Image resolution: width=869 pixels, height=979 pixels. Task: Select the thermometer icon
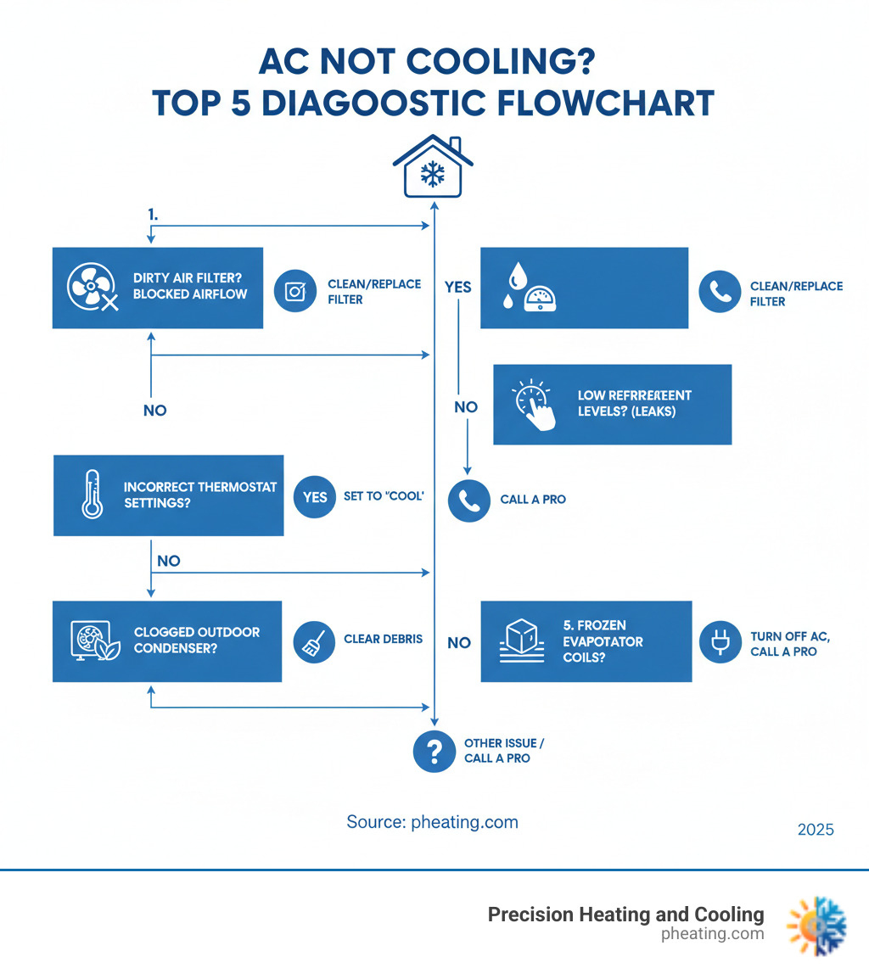pyautogui.click(x=92, y=495)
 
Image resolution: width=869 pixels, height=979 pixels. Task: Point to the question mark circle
pyautogui.click(x=434, y=751)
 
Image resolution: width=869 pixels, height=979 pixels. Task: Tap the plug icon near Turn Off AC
pyautogui.click(x=720, y=642)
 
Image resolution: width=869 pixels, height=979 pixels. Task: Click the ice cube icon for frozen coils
pyautogui.click(x=521, y=641)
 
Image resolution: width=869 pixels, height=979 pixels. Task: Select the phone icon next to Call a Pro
pyautogui.click(x=468, y=500)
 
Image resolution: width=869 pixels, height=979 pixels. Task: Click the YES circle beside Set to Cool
pyautogui.click(x=315, y=496)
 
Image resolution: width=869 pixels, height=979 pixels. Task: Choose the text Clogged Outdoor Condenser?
pyautogui.click(x=197, y=641)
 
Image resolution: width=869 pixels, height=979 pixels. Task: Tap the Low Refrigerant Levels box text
pyautogui.click(x=635, y=404)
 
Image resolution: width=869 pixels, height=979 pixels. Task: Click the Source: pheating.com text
pyautogui.click(x=432, y=822)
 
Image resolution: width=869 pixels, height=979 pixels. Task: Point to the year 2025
pyautogui.click(x=816, y=830)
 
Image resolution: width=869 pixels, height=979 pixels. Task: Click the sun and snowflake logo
pyautogui.click(x=816, y=924)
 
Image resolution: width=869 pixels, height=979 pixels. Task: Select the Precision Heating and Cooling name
pyautogui.click(x=625, y=915)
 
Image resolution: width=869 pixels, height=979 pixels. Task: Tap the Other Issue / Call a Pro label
pyautogui.click(x=504, y=751)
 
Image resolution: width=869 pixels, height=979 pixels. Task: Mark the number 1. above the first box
pyautogui.click(x=154, y=215)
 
